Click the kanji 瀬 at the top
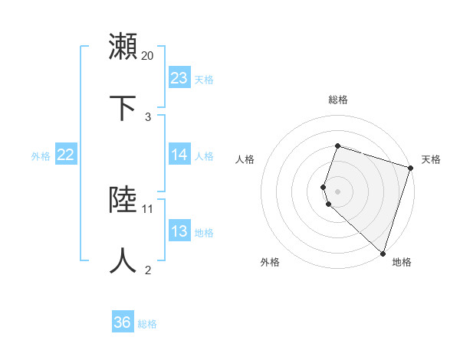point(123,47)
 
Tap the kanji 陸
point(123,200)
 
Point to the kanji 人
point(123,261)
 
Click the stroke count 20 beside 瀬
point(148,55)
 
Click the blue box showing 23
point(179,78)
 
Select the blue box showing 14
point(179,155)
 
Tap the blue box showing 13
point(179,231)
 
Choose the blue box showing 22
point(66,155)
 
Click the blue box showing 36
point(123,322)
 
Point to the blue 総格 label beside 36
point(147,324)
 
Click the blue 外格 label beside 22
point(41,156)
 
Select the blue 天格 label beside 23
point(204,80)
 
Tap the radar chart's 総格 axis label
point(337,100)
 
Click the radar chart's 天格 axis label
point(431,159)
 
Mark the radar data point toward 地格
point(383,253)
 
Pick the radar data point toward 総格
point(337,146)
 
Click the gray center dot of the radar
point(337,191)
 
